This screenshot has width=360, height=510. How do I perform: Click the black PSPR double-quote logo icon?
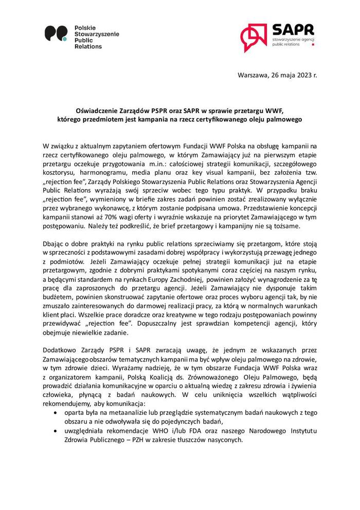(56, 34)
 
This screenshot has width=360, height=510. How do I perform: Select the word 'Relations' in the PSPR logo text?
(88, 46)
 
